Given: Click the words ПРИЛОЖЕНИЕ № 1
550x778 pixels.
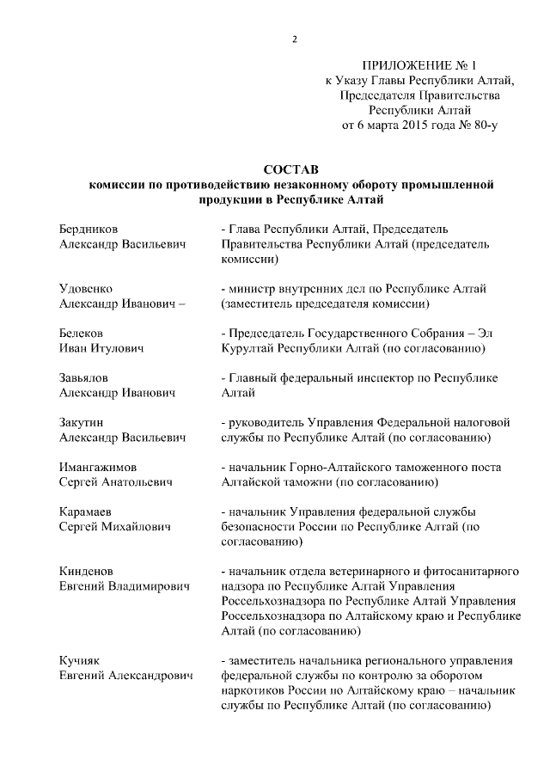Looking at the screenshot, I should pos(419,65).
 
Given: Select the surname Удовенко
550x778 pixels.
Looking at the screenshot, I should pos(86,288).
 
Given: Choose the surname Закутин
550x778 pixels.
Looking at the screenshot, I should pos(83,422).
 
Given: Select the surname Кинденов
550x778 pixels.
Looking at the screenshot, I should pos(86,571).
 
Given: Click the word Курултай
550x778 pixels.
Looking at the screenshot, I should pos(248,348).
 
